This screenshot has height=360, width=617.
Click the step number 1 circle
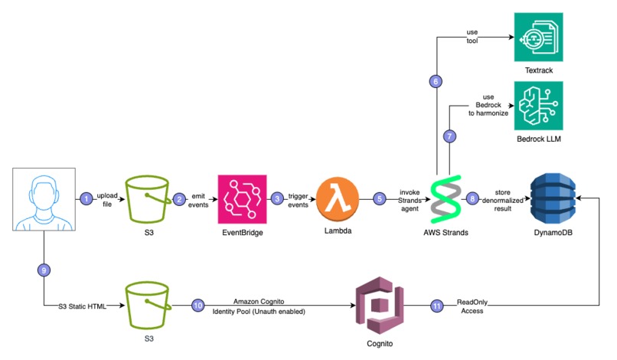click(x=86, y=198)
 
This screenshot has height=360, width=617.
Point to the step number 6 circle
click(x=436, y=81)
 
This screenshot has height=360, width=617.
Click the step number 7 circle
click(x=449, y=136)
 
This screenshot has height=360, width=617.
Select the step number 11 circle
click(x=437, y=306)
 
